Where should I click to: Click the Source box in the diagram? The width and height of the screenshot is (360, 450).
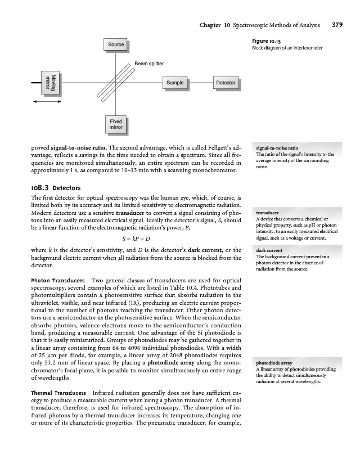116,44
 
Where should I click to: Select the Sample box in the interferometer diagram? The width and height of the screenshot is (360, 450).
174,83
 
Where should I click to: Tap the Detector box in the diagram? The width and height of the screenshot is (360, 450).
225,83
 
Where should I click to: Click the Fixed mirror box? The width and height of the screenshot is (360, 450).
116,124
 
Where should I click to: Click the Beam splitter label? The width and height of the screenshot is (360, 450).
149,64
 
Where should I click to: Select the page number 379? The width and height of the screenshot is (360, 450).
337,25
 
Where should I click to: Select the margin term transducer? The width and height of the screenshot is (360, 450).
268,213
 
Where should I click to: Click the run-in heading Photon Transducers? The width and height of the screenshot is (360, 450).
58,280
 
